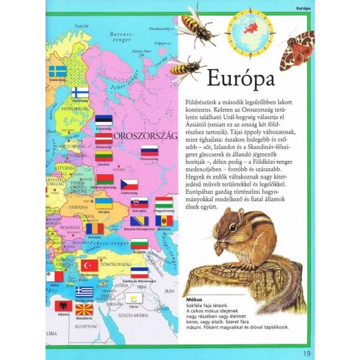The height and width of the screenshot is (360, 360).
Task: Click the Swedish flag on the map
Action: (58, 71)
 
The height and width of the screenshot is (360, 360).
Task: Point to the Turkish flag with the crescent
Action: (90, 265)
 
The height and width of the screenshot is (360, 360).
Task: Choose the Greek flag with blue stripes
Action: (84, 292)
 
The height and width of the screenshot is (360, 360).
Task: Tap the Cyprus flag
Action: (132, 299)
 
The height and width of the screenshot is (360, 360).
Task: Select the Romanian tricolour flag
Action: (95, 228)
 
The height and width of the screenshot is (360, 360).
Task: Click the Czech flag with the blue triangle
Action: (130, 184)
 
